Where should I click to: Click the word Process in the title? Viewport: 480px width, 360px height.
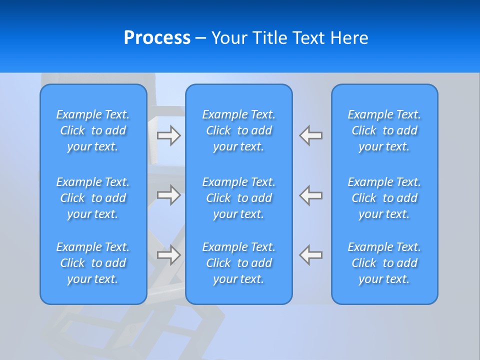coord(157,38)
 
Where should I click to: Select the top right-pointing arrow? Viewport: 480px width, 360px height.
coord(168,135)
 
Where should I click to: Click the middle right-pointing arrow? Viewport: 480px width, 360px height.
coord(168,195)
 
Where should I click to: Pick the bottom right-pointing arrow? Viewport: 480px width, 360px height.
coord(168,255)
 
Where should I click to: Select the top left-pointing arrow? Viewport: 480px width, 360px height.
coord(311,135)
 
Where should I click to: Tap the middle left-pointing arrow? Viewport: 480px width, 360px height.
coord(311,195)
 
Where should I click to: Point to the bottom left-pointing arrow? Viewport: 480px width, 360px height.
coord(311,255)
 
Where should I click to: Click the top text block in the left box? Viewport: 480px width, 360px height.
coord(93,130)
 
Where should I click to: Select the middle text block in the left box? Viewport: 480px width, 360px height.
coord(93,198)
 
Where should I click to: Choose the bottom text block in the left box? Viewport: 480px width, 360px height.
coord(93,263)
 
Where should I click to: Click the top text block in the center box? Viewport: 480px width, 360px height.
coord(239,130)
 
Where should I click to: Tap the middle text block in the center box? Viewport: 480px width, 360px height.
coord(239,198)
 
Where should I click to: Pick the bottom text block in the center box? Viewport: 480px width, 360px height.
coord(239,263)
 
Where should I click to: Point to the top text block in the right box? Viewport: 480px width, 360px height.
coord(384,130)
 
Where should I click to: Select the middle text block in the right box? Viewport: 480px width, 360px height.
coord(384,198)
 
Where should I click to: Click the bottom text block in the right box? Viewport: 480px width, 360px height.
coord(384,263)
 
